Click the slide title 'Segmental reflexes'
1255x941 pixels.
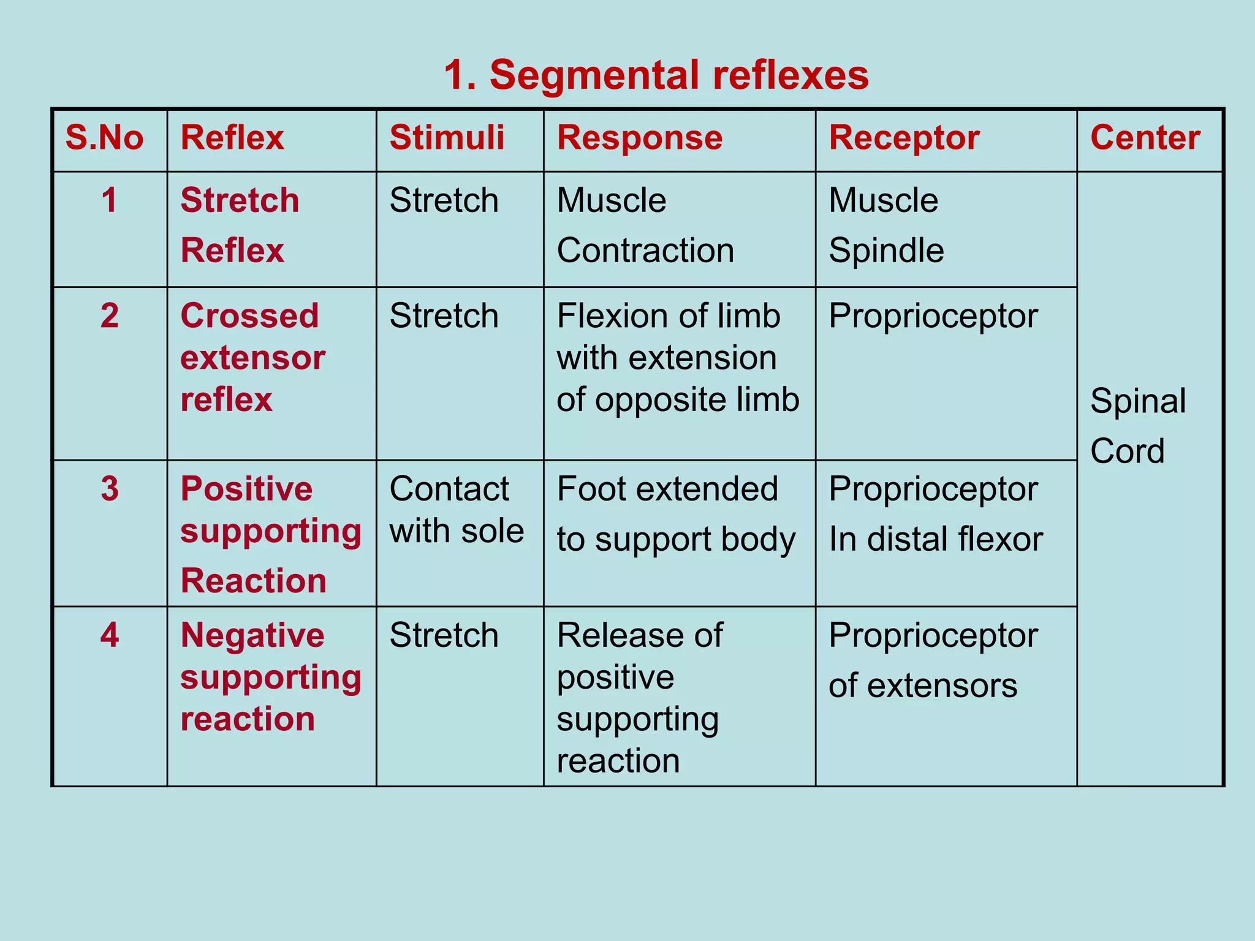(656, 75)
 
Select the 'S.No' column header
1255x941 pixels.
(105, 138)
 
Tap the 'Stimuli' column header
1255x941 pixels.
(447, 138)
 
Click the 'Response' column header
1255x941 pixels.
(639, 138)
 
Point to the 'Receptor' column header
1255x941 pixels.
(903, 138)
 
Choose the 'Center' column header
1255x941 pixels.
(1145, 138)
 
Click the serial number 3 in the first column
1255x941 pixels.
(110, 489)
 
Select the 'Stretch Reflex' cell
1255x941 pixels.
(239, 225)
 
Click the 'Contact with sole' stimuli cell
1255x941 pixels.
(456, 510)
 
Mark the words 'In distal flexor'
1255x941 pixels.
(935, 540)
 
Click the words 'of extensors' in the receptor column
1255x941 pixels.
(922, 686)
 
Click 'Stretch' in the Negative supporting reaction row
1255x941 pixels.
(444, 635)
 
